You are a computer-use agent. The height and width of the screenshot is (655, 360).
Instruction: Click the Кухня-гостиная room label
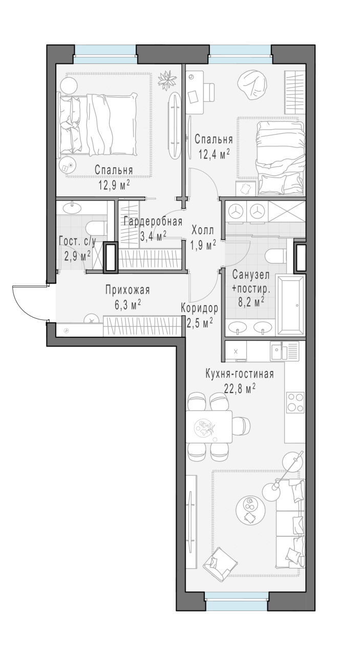coord(240,375)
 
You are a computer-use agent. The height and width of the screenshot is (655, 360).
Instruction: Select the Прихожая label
coord(128,290)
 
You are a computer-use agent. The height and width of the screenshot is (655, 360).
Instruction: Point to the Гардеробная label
coord(153,222)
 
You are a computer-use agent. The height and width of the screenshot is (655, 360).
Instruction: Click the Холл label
coord(203,230)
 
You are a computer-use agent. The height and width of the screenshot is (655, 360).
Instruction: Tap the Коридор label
coord(199,308)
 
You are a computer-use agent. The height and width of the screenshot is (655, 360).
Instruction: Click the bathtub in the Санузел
coord(291,305)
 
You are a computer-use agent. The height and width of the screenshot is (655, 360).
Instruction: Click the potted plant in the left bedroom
coord(167,79)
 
